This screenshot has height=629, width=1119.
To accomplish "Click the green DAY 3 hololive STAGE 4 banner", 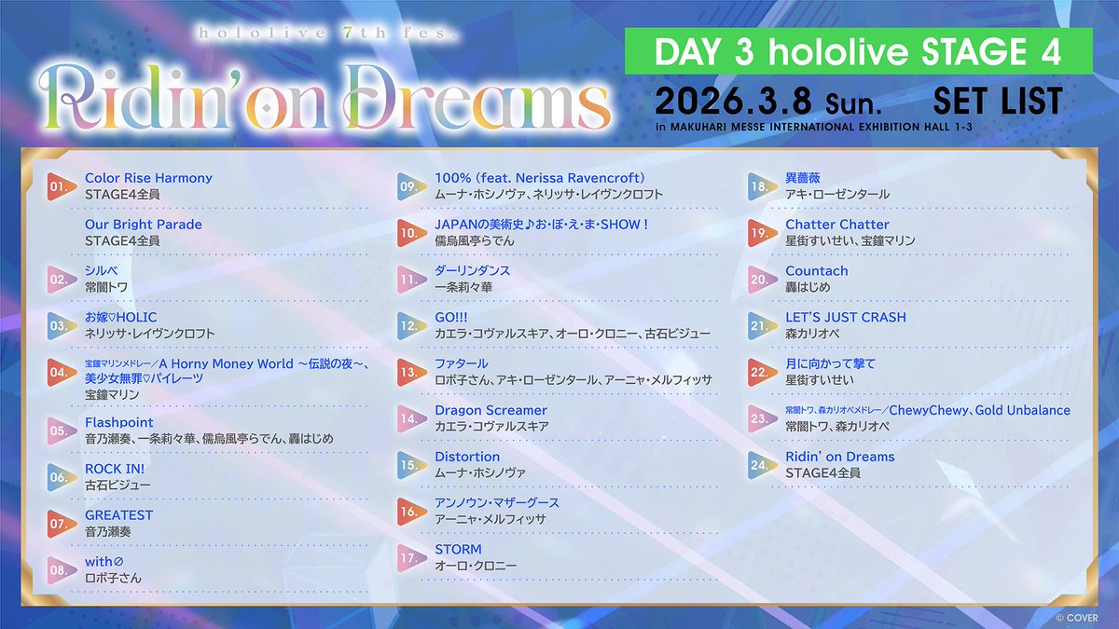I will coord(858,51).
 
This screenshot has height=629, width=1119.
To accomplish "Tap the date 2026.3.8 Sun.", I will coord(741,101).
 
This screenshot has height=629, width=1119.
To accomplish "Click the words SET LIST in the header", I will coord(997,101).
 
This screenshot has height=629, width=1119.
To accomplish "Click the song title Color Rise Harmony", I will coord(148,178).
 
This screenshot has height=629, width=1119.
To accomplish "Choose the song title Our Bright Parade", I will coord(143,225).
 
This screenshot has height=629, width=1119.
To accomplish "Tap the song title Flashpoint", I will coord(118,422).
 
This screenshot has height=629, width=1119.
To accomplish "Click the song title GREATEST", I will coord(118,515).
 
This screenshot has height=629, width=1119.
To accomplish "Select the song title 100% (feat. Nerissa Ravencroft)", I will coord(540,178).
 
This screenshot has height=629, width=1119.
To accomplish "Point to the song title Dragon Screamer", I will coord(490,410).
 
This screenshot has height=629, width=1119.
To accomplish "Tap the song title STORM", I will coord(458,550).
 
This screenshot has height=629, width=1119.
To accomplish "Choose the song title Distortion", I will coord(467,457).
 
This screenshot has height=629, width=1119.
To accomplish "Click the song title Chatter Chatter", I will coord(837,225).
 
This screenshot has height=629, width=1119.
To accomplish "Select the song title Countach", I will coord(817,271).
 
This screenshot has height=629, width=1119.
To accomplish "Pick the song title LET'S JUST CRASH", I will coord(846,317).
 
